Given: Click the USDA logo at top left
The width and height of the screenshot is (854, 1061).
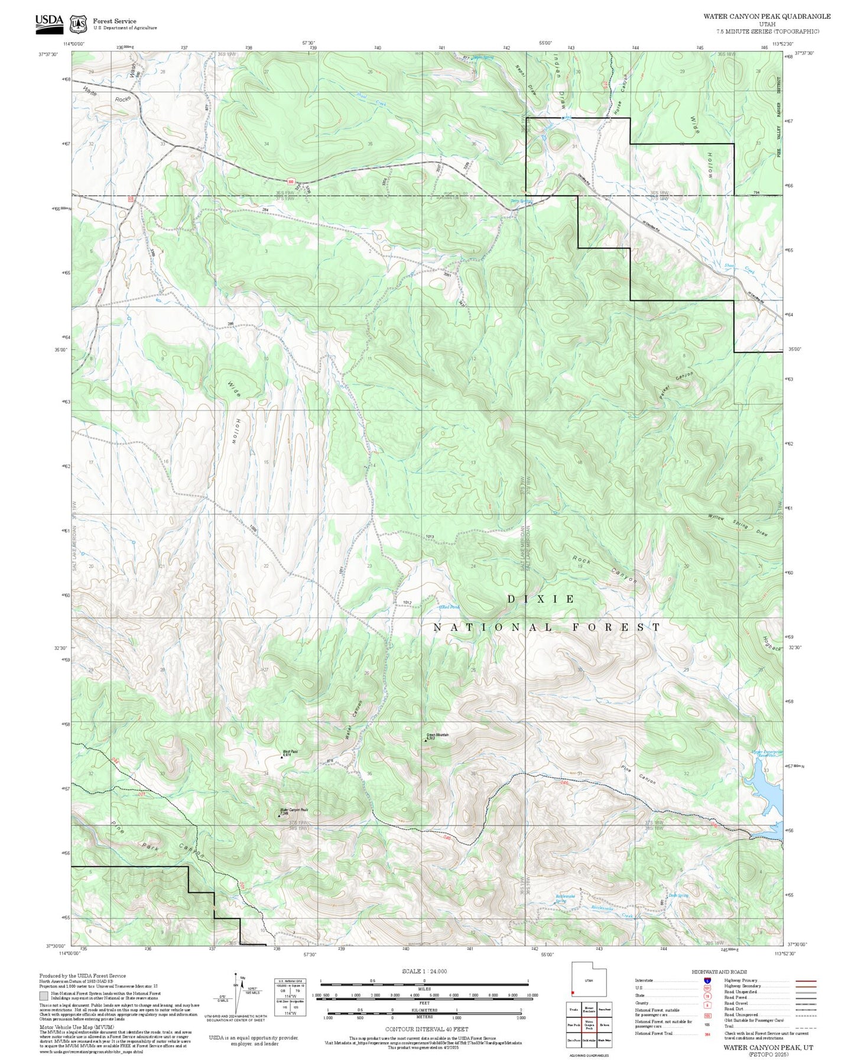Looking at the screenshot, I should [49, 21].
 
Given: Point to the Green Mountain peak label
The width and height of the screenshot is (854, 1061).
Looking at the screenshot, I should [438, 736].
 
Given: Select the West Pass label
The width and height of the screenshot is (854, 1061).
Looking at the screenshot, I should [290, 752].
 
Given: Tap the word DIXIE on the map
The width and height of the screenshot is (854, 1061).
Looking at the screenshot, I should [541, 599].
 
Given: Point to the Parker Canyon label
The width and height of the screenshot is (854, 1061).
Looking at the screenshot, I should [676, 386].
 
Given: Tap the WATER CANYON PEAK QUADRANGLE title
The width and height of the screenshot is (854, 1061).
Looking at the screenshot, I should [767, 17].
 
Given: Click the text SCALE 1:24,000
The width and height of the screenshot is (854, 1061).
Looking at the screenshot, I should [424, 971].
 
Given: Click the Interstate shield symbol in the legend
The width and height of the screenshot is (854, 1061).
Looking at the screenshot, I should [707, 981].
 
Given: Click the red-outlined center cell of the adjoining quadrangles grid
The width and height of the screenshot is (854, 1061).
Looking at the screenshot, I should [589, 1025].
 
